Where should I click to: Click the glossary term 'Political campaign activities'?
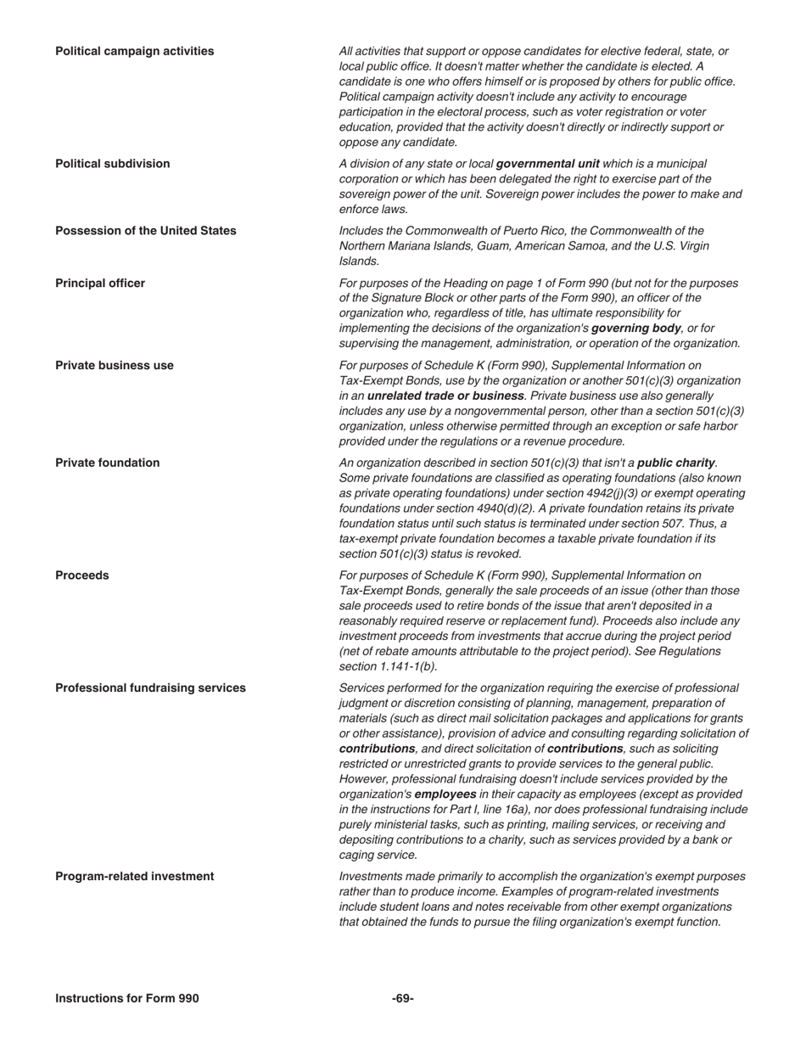point(134,51)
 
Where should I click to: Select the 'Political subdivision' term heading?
point(112,163)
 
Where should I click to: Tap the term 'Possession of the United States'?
point(145,230)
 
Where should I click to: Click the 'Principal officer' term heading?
point(99,283)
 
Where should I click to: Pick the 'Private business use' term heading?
point(114,365)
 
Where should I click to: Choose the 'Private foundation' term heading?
point(107,463)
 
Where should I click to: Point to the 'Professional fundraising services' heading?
point(150,688)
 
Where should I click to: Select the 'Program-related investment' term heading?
point(134,876)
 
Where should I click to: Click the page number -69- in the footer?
point(402,998)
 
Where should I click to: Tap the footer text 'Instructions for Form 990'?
point(126,998)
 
